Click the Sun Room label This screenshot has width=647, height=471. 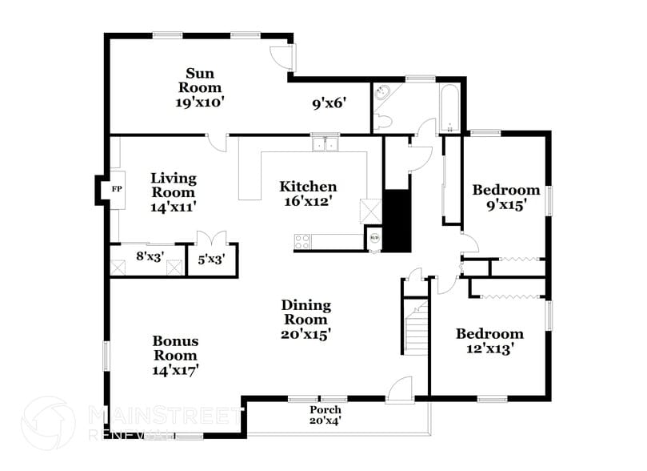tap(199, 87)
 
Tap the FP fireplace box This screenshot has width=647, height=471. tap(117, 189)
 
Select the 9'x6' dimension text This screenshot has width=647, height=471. tap(328, 103)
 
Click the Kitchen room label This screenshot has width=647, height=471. tap(307, 194)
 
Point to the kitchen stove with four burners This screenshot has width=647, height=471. tap(304, 240)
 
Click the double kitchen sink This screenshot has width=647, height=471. tap(325, 144)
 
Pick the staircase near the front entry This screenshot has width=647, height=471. tap(417, 329)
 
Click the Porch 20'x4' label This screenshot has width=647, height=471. tap(325, 415)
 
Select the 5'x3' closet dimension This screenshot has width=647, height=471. tap(211, 259)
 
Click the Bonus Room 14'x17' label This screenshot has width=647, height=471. tap(175, 355)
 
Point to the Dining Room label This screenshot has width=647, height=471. tap(306, 319)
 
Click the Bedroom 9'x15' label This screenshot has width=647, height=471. tap(505, 197)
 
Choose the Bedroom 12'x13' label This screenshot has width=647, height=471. tap(489, 340)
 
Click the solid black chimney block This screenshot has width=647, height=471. tap(397, 219)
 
